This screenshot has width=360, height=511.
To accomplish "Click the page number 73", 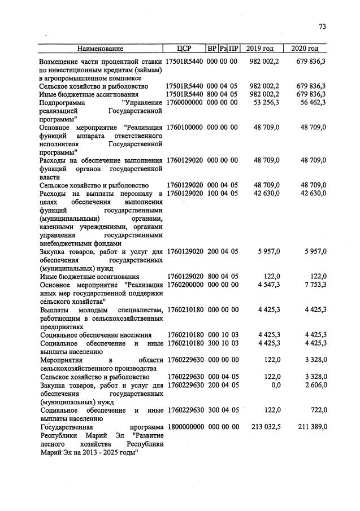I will [323, 27].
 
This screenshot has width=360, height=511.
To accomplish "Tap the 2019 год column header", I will [262, 49].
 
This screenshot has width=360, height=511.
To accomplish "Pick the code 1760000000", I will [184, 102].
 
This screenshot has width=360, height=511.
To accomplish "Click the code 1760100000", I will [184, 128].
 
